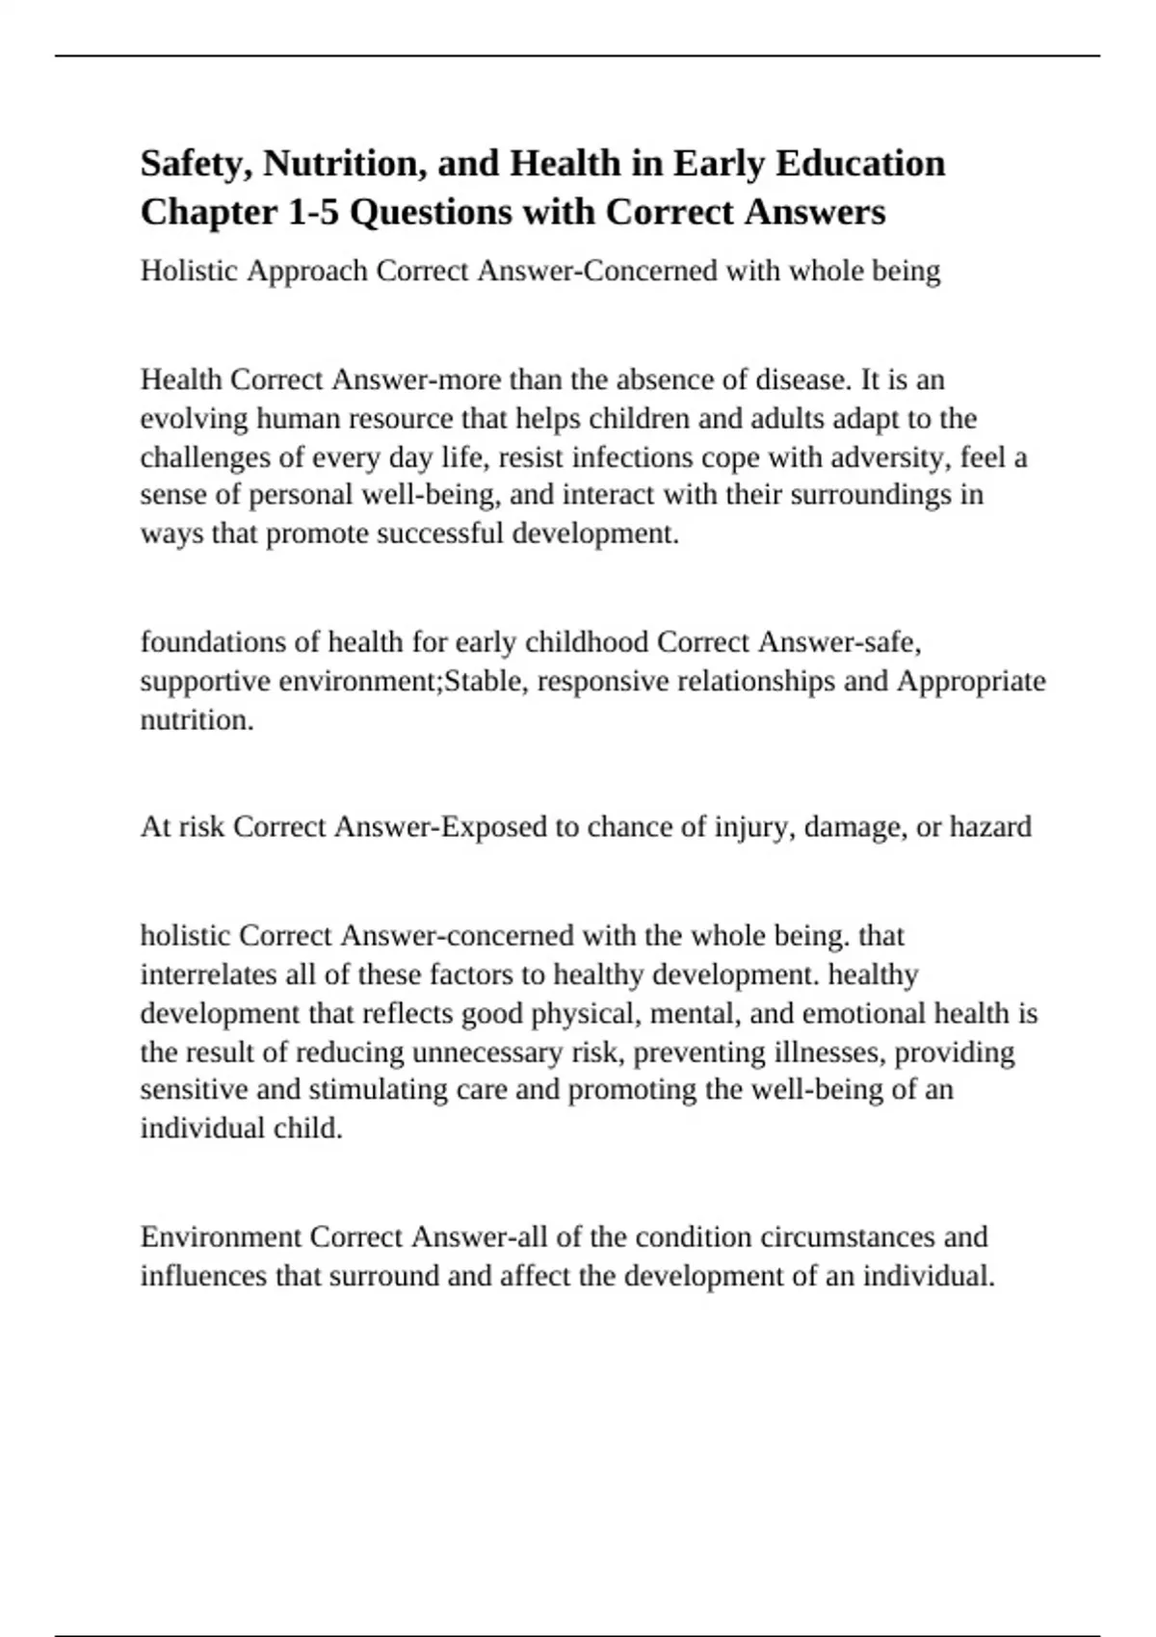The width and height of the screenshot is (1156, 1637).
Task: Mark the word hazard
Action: (990, 826)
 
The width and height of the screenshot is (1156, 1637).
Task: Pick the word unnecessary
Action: (486, 1052)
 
